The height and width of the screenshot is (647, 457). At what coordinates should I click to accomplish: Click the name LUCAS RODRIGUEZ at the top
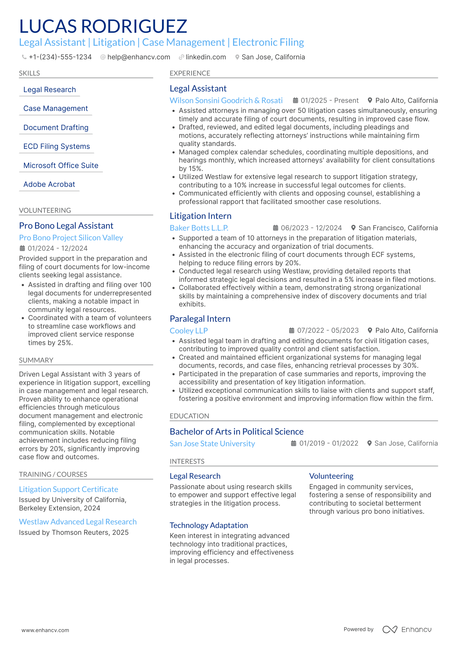(x=103, y=26)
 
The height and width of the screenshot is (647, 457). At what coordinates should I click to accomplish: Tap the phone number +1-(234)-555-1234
(x=60, y=57)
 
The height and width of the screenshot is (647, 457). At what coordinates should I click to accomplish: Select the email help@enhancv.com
(x=138, y=57)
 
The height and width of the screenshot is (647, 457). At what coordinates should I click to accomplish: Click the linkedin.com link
(x=205, y=57)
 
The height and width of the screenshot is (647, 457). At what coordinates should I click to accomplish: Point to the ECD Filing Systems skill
(x=56, y=147)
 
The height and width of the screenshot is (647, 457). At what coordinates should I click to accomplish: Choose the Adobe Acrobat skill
(x=49, y=185)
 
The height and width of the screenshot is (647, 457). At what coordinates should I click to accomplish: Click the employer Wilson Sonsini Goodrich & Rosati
(x=226, y=101)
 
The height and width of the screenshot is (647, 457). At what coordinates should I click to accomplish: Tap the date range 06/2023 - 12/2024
(x=311, y=228)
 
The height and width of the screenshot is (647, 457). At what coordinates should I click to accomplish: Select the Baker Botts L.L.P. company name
(x=199, y=228)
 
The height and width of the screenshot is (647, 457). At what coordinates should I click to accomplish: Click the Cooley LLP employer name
(x=189, y=331)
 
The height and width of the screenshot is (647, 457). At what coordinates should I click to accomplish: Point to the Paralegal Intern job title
(x=200, y=319)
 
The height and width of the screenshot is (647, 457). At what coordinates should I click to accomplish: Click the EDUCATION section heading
(x=189, y=416)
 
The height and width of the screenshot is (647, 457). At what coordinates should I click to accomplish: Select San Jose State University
(x=212, y=444)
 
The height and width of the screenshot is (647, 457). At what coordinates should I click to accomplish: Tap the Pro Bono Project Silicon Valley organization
(x=71, y=238)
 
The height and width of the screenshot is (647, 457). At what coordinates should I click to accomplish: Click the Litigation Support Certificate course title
(x=68, y=489)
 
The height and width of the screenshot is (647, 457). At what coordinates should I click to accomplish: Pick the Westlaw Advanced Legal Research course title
(x=78, y=522)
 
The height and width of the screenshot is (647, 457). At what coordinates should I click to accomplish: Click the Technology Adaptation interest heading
(x=209, y=525)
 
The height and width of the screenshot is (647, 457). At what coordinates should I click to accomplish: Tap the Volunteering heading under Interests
(x=331, y=476)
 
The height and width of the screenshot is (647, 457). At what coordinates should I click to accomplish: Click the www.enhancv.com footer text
(x=45, y=630)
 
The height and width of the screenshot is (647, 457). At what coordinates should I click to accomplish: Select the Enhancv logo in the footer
(x=407, y=629)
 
